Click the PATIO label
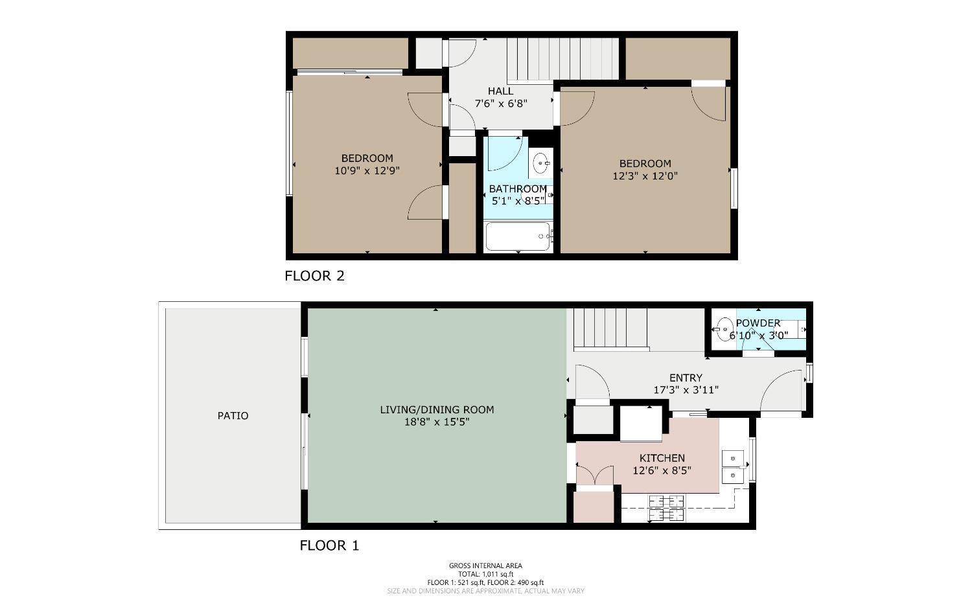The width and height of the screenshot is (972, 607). [233, 416]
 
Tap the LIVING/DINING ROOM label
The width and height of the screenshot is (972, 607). [437, 409]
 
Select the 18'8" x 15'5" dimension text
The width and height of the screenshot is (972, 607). [437, 422]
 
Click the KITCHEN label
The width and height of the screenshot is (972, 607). [662, 458]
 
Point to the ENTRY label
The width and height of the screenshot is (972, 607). [686, 378]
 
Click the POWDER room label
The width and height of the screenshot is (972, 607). [758, 323]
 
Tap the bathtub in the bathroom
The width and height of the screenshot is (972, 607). [518, 237]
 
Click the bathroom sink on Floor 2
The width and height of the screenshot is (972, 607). [540, 163]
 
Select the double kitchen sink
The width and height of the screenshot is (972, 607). [733, 467]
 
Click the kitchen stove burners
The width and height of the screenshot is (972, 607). [667, 508]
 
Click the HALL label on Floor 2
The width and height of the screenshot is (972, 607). [500, 91]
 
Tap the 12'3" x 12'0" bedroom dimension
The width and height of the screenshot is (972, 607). [645, 176]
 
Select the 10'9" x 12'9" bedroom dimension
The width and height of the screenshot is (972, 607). [367, 171]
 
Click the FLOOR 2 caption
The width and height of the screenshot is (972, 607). [314, 276]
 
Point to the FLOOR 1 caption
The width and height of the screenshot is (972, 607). [329, 545]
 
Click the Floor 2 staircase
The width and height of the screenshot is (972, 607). [562, 58]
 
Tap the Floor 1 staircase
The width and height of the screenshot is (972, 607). [609, 328]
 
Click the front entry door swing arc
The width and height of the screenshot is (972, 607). [780, 389]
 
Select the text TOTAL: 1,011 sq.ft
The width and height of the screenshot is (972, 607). [485, 574]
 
